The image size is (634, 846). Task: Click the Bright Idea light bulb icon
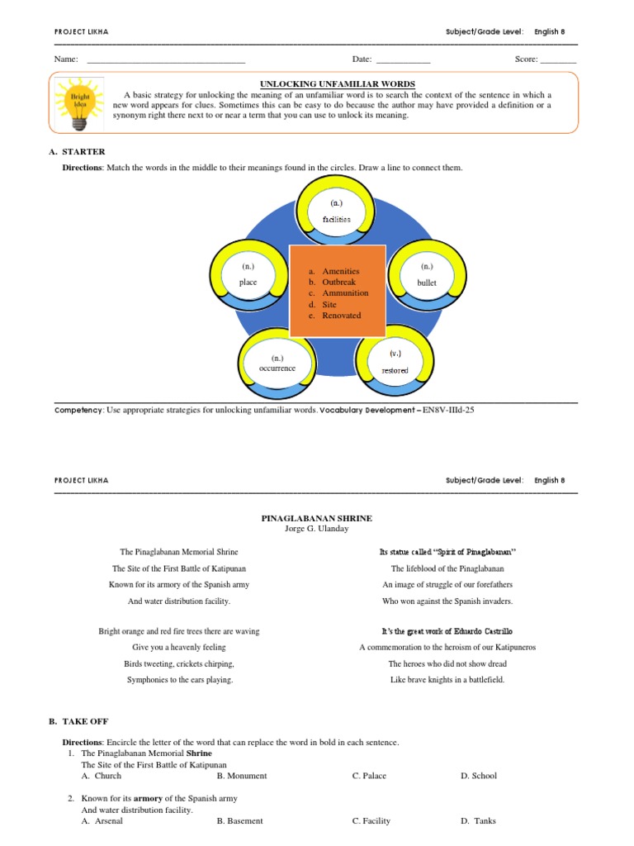click(x=78, y=103)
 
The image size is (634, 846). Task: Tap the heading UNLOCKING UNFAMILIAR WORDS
click(x=338, y=84)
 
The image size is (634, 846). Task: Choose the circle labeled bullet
click(x=426, y=275)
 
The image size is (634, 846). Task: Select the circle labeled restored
click(x=395, y=362)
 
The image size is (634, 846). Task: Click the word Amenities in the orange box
click(x=340, y=271)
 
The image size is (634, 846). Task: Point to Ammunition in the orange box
click(x=345, y=293)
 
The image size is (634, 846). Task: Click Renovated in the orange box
click(x=341, y=316)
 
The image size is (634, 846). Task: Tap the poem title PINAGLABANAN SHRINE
click(x=317, y=518)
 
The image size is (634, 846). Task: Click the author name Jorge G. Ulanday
click(x=317, y=529)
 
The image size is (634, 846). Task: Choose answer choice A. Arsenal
click(x=102, y=821)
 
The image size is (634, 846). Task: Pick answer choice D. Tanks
click(x=478, y=821)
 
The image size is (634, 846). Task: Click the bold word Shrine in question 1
click(x=199, y=753)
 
